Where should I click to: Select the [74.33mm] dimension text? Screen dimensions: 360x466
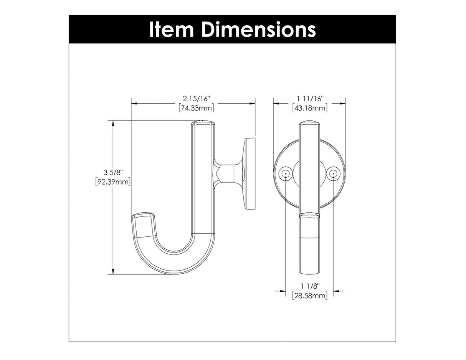(x=196, y=108)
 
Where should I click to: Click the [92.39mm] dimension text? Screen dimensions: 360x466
(x=113, y=182)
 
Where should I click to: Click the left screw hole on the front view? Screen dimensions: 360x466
(x=285, y=173)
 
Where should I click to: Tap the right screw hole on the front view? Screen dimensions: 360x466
(x=333, y=173)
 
